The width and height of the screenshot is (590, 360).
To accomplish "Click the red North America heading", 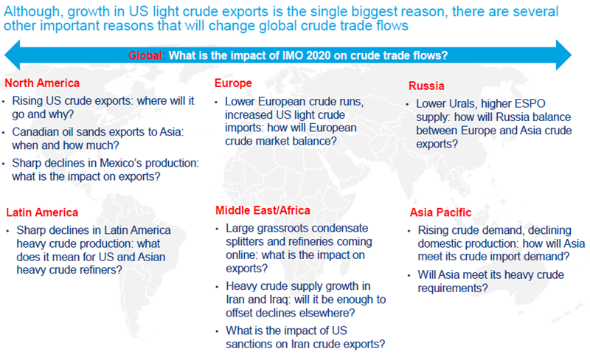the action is pyautogui.click(x=42, y=83).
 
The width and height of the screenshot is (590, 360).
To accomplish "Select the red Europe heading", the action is pyautogui.click(x=233, y=83).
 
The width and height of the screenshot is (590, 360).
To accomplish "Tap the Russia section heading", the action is pyautogui.click(x=426, y=86).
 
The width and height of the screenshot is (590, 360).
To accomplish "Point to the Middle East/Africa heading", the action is pyautogui.click(x=263, y=210).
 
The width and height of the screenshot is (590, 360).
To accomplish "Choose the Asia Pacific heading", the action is pyautogui.click(x=440, y=212).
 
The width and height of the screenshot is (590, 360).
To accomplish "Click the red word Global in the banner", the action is pyautogui.click(x=145, y=55).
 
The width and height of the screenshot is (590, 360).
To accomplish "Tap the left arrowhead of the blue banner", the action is pyautogui.click(x=12, y=55).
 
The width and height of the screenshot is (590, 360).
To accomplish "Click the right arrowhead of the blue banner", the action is pyautogui.click(x=563, y=55).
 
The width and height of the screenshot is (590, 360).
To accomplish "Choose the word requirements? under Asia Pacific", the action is pyautogui.click(x=453, y=288).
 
